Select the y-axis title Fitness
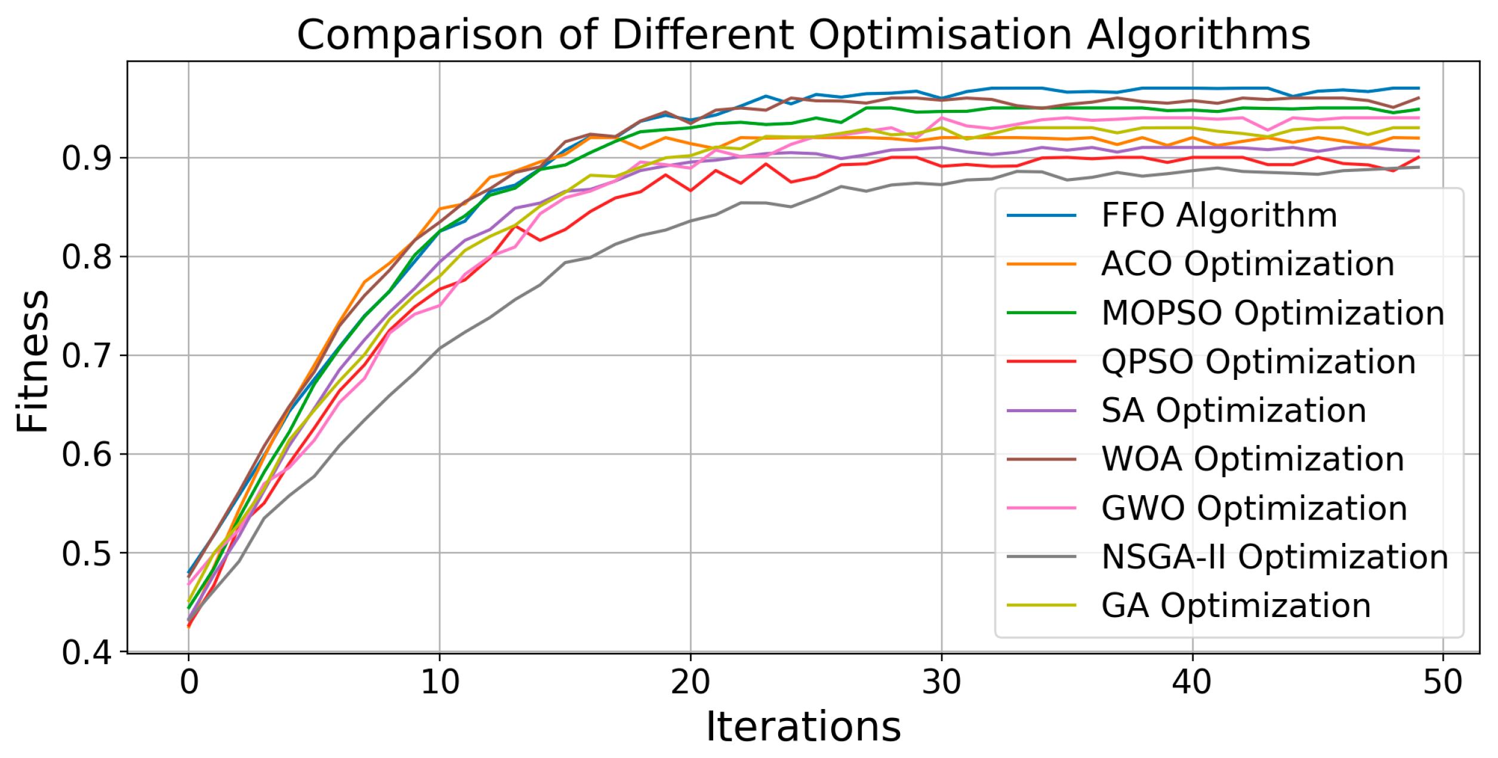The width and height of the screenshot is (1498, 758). (x=33, y=361)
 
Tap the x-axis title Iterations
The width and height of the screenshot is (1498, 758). (x=803, y=727)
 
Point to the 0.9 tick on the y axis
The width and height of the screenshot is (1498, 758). (x=87, y=158)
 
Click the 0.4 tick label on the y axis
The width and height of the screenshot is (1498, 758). (x=87, y=653)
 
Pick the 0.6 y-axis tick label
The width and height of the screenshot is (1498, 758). (x=87, y=455)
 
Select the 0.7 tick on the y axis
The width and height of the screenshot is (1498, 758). (x=87, y=357)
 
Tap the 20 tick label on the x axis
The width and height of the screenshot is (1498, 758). (x=691, y=682)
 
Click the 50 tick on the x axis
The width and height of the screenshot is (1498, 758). (x=1442, y=682)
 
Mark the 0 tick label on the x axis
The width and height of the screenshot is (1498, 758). (x=189, y=682)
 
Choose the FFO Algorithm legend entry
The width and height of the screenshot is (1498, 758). (x=1219, y=215)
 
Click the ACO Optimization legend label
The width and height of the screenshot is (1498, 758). (x=1247, y=264)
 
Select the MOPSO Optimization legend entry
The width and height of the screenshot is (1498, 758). (x=1272, y=313)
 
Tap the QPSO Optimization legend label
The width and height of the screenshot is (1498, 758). (x=1258, y=362)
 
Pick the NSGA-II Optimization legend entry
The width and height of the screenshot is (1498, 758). (x=1275, y=557)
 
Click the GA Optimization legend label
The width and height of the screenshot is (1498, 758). (x=1235, y=606)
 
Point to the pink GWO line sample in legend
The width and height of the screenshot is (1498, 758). (x=1041, y=508)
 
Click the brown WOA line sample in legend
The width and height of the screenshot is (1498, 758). (x=1041, y=459)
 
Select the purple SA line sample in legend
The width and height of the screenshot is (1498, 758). (x=1041, y=411)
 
